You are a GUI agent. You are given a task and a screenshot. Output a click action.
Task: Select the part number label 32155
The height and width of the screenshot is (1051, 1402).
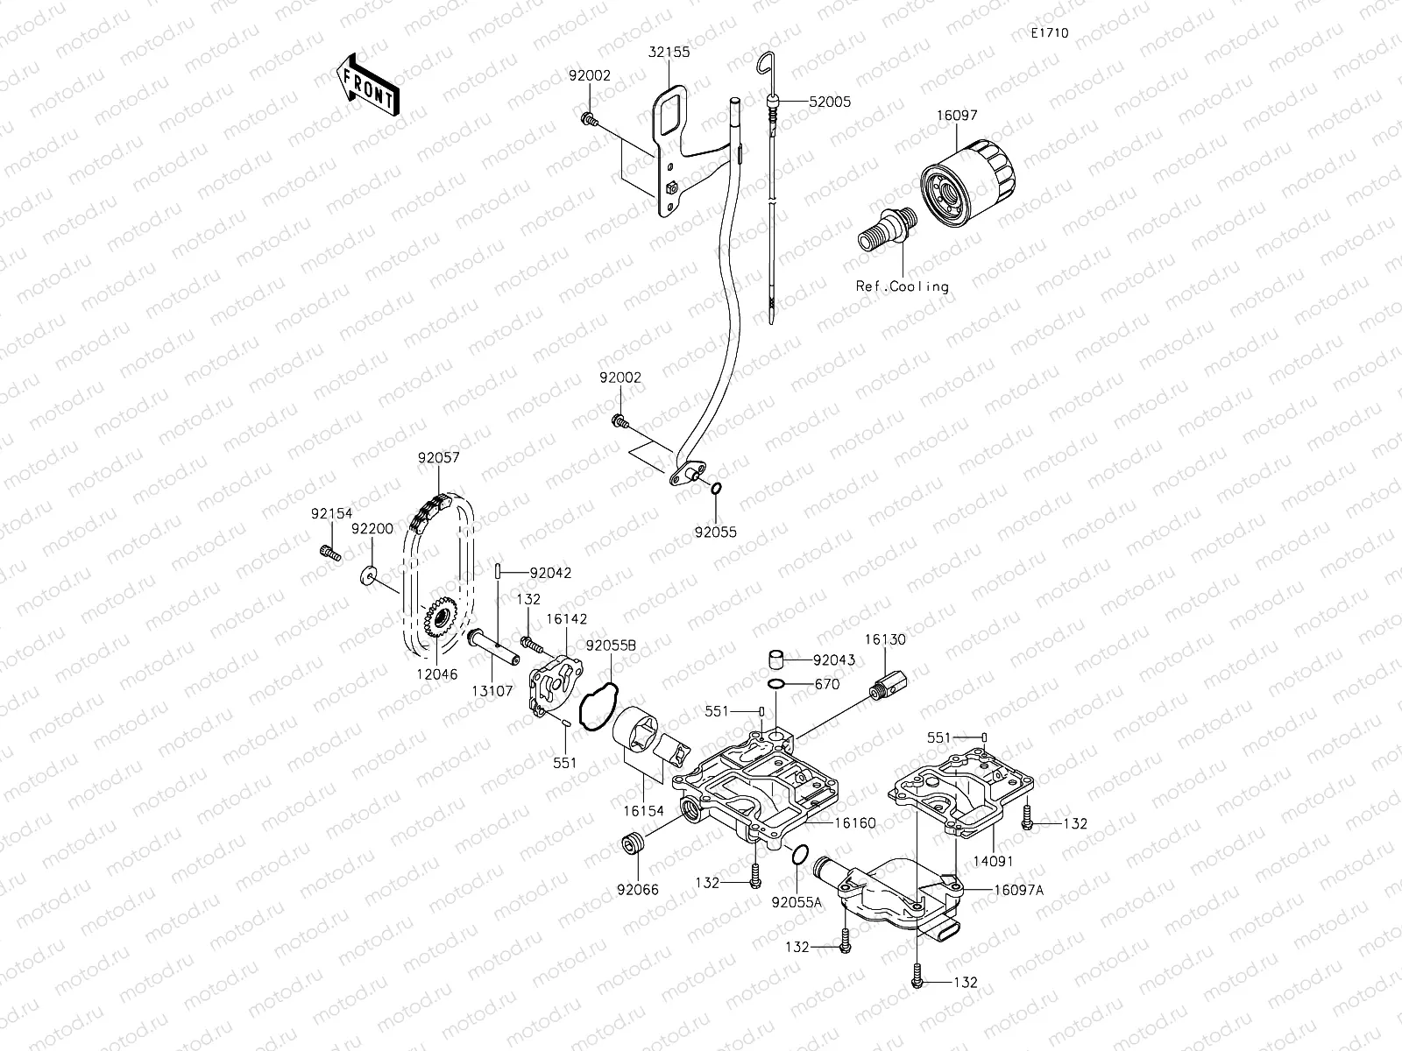click(x=670, y=52)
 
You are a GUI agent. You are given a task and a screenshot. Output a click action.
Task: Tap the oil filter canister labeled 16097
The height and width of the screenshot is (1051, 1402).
click(x=967, y=179)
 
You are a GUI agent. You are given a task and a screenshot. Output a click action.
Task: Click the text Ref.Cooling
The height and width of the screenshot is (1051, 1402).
click(x=903, y=286)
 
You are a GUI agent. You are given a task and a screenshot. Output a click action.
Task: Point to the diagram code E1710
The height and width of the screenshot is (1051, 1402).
click(x=1049, y=33)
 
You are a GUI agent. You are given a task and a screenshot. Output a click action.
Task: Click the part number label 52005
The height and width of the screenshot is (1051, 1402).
click(x=829, y=102)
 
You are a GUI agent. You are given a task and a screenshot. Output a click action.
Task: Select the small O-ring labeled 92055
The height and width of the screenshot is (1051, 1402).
click(x=717, y=489)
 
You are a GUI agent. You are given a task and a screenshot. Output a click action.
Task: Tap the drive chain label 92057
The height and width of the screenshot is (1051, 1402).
click(x=438, y=457)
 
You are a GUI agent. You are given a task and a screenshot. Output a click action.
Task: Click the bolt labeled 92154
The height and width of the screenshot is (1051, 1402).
click(x=329, y=553)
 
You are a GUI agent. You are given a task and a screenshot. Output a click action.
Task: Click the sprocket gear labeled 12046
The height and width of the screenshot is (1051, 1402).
click(x=437, y=620)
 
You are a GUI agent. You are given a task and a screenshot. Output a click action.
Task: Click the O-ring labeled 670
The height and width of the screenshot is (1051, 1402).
click(x=776, y=684)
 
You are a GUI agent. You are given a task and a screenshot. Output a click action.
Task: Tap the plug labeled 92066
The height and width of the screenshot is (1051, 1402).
click(x=632, y=845)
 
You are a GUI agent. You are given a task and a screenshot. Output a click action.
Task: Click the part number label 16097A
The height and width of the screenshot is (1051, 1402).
click(x=1018, y=889)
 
